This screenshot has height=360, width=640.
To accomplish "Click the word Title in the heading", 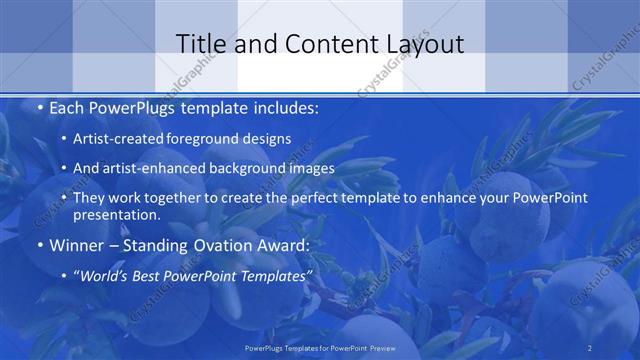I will coord(200,44).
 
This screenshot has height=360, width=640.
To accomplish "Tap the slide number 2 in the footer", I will coord(589,348).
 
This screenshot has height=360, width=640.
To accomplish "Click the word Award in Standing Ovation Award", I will coord(282,244).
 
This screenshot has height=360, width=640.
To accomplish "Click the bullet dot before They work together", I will coord(64,197).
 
